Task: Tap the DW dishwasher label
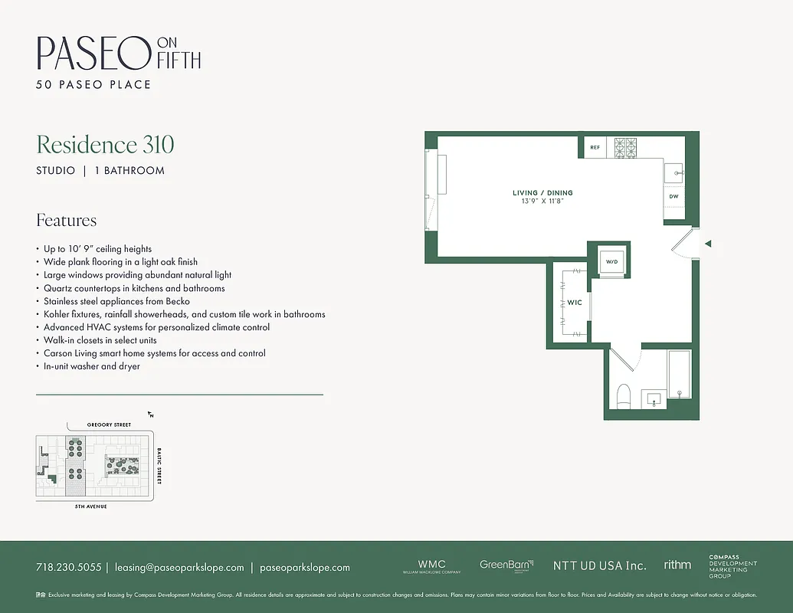coord(673,197)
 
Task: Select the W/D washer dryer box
coord(611,261)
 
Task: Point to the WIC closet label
coord(575,303)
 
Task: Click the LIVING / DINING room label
coord(542,193)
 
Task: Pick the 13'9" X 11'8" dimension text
coord(542,202)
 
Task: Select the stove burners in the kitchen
coord(625,146)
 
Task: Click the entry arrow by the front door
coord(708,244)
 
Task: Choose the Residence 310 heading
coord(106,145)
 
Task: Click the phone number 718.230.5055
coord(68,568)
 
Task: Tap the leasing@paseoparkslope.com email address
coord(179,568)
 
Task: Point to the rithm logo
coord(677,565)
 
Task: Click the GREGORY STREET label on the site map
coord(109,425)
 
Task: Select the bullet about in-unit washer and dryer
coord(92,366)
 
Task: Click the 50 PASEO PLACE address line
coord(93,84)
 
